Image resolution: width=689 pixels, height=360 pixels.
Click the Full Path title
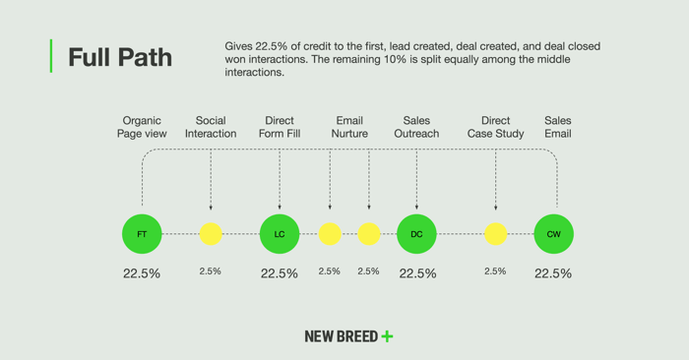[119, 58]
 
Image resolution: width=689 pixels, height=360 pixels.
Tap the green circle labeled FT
[142, 234]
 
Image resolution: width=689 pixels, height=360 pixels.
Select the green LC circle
[280, 234]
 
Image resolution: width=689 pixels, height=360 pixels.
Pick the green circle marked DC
[416, 234]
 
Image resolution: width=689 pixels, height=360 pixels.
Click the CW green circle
[553, 234]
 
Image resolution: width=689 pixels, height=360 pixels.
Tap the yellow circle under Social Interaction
[211, 234]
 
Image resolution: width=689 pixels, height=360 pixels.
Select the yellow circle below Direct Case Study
[496, 234]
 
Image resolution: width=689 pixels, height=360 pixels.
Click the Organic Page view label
[142, 127]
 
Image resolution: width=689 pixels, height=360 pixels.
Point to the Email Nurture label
[349, 127]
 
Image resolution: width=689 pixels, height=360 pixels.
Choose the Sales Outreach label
[416, 127]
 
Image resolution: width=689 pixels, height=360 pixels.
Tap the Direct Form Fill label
[280, 127]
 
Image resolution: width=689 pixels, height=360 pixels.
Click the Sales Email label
[557, 127]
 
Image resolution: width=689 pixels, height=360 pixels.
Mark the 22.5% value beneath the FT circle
[142, 273]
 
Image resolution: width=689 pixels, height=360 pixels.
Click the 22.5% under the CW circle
[553, 273]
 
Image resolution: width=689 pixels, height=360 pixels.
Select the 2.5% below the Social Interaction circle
[211, 271]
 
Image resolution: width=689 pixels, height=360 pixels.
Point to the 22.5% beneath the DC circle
[417, 273]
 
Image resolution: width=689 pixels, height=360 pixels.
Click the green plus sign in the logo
[387, 336]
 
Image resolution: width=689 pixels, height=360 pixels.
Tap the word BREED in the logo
[357, 336]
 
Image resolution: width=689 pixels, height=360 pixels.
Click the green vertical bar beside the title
[50, 56]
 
